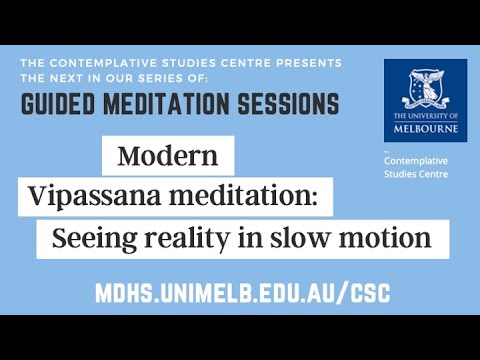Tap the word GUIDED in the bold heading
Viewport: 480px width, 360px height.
click(66, 104)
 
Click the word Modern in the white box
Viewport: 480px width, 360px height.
click(167, 156)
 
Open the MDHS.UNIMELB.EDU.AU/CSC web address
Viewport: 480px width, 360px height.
click(240, 293)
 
